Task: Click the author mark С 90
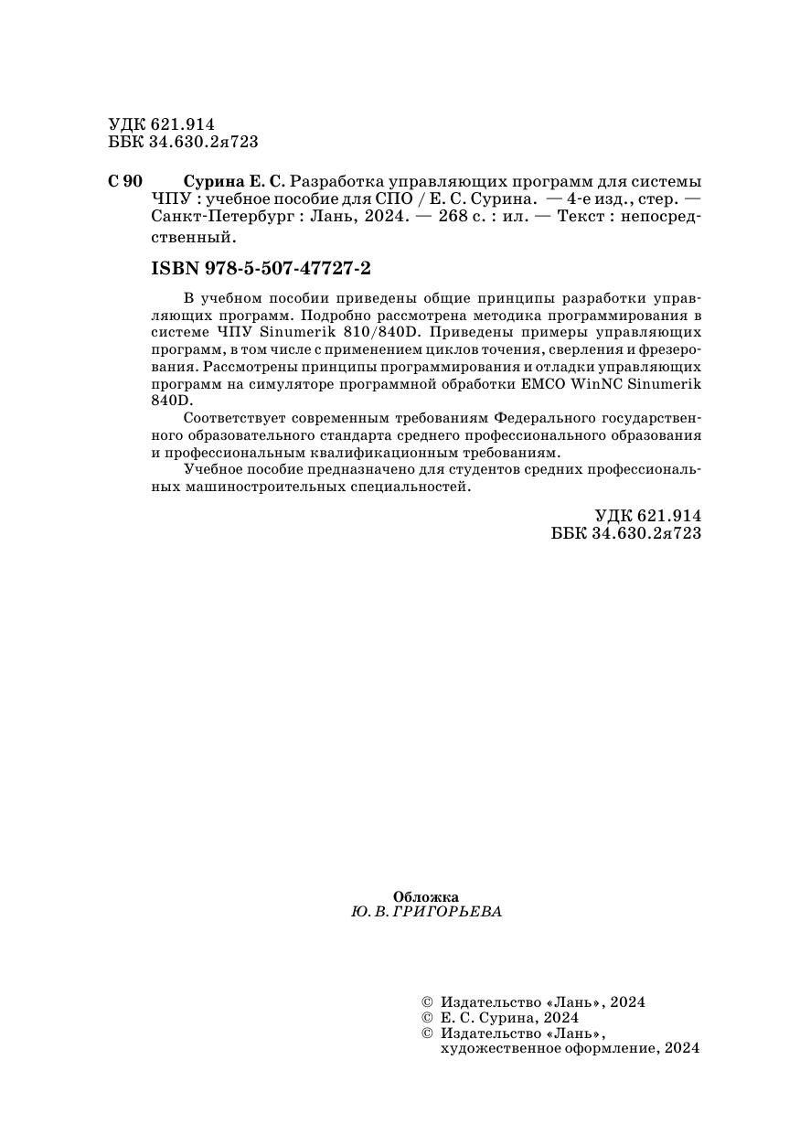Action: [x=125, y=180]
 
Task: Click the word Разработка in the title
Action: [x=332, y=180]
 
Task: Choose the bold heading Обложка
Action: [x=425, y=897]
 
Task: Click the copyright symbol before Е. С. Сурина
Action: [x=424, y=1017]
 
